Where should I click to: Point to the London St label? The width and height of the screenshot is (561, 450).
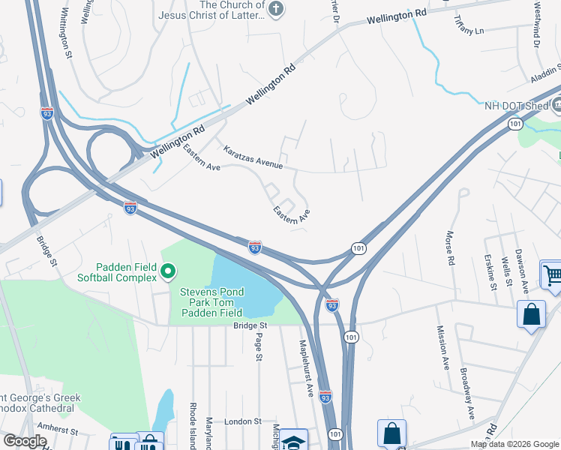(241, 421)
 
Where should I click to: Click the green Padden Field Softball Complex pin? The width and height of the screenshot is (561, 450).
(169, 271)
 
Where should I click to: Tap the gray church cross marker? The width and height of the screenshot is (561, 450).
(277, 9)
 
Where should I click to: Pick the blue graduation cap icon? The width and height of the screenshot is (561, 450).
(295, 442)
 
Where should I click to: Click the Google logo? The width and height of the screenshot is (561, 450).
(25, 441)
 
